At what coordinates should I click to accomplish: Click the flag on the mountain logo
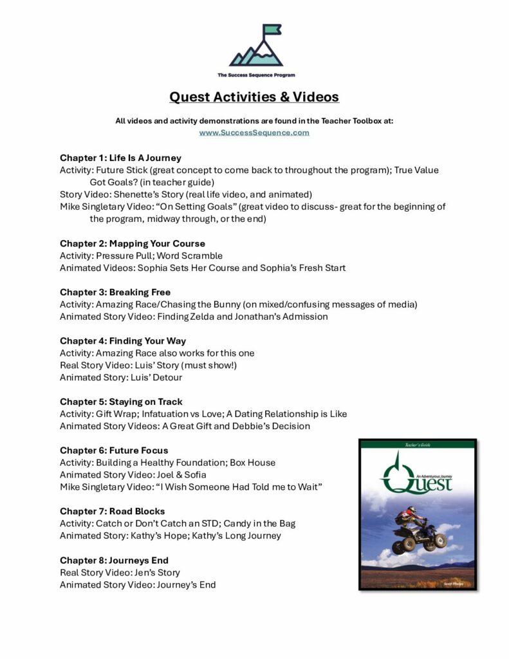tap(271, 30)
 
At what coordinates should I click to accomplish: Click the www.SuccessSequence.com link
tap(254, 133)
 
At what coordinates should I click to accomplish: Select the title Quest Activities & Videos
tap(254, 97)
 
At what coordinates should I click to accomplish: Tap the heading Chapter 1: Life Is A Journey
tap(120, 158)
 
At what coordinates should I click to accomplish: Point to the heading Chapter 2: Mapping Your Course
tap(133, 243)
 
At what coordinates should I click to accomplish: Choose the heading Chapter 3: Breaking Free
tap(115, 292)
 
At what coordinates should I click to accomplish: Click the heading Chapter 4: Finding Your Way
tap(123, 340)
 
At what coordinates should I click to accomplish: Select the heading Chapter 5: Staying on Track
tap(121, 402)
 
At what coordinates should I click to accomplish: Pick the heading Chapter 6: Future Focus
tap(114, 450)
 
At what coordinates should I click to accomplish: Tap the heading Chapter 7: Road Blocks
tap(113, 511)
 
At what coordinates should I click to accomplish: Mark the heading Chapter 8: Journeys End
tap(115, 560)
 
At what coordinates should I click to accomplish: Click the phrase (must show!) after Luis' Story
tap(181, 365)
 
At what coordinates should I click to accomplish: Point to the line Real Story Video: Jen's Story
tap(120, 572)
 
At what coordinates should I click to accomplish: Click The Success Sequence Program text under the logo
tap(256, 75)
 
